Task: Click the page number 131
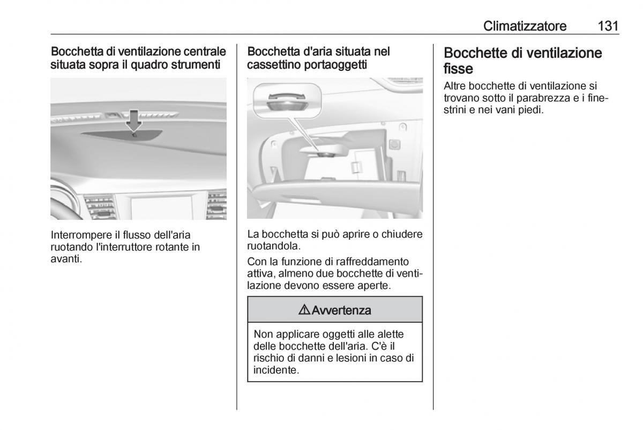pyautogui.click(x=607, y=26)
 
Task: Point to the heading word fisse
pyautogui.click(x=459, y=69)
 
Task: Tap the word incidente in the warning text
pyautogui.click(x=275, y=370)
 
